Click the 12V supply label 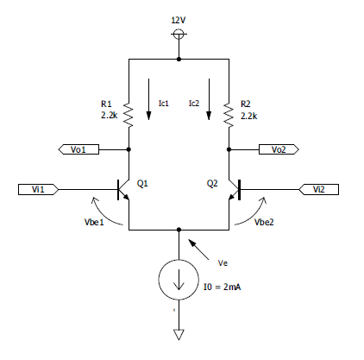pos(179,20)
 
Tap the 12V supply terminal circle pos(179,34)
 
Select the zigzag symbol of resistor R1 pos(129,115)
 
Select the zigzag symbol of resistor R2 pos(229,115)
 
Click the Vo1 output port pos(78,149)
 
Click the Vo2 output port pos(279,149)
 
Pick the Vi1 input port pos(38,190)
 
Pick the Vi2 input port pos(318,190)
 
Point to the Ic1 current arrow pos(148,99)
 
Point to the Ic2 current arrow pos(209,99)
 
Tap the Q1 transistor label pos(142,183)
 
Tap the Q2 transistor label pos(212,183)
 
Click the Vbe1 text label pos(94,222)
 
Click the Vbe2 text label pos(264,222)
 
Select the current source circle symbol pos(179,280)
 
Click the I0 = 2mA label pos(222,287)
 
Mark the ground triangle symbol pos(179,334)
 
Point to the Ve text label pos(223,263)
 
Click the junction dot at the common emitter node pos(179,230)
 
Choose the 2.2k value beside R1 pos(110,116)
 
